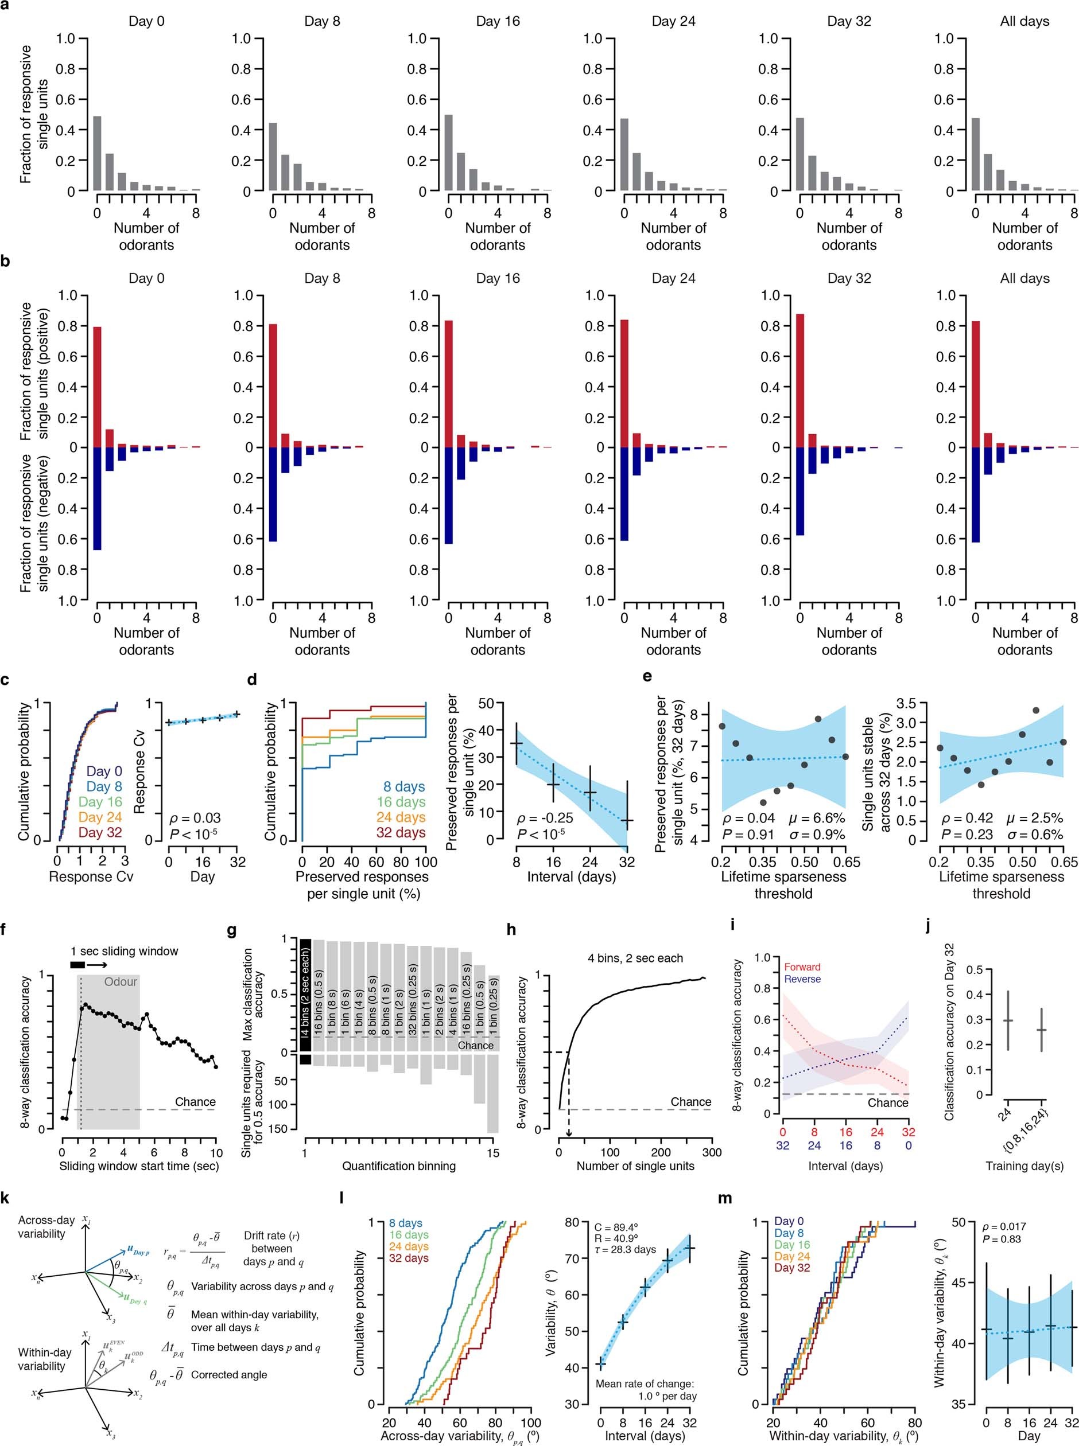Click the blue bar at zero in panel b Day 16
448,495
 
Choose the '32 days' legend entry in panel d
401,832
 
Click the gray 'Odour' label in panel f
121,982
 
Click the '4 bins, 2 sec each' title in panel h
635,958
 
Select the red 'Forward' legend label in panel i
801,967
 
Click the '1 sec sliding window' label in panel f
124,951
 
